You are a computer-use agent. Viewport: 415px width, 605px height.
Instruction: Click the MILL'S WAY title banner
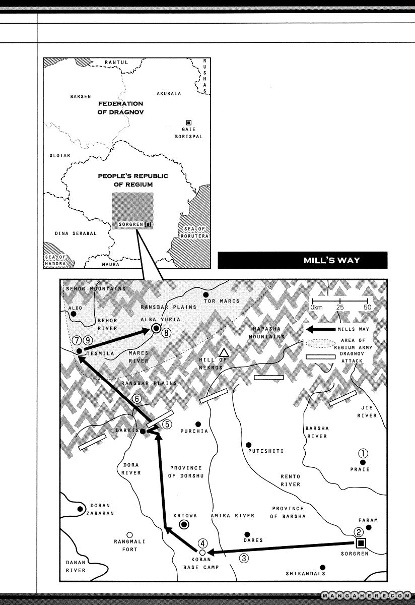(302, 261)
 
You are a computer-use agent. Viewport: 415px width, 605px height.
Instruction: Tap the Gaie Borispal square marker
(189, 122)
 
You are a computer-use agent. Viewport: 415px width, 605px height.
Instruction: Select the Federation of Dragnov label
(120, 108)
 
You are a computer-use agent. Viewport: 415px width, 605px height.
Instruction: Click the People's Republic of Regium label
(133, 180)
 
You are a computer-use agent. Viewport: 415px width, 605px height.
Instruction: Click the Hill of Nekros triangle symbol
(224, 352)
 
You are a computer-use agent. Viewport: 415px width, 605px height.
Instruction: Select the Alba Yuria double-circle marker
(156, 329)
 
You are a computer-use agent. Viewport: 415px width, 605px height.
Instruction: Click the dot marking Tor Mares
(205, 294)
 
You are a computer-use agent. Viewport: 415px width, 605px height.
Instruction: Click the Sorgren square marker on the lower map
(361, 542)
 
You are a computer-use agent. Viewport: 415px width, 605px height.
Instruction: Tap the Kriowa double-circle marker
(184, 525)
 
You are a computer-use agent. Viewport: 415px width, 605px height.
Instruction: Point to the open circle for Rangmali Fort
(129, 534)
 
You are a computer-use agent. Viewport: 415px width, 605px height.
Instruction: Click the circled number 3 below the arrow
(243, 558)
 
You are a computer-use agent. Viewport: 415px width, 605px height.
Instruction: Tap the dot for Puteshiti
(248, 445)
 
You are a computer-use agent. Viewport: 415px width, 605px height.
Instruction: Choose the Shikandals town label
(305, 573)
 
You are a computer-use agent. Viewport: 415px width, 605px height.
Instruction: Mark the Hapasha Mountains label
(268, 332)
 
